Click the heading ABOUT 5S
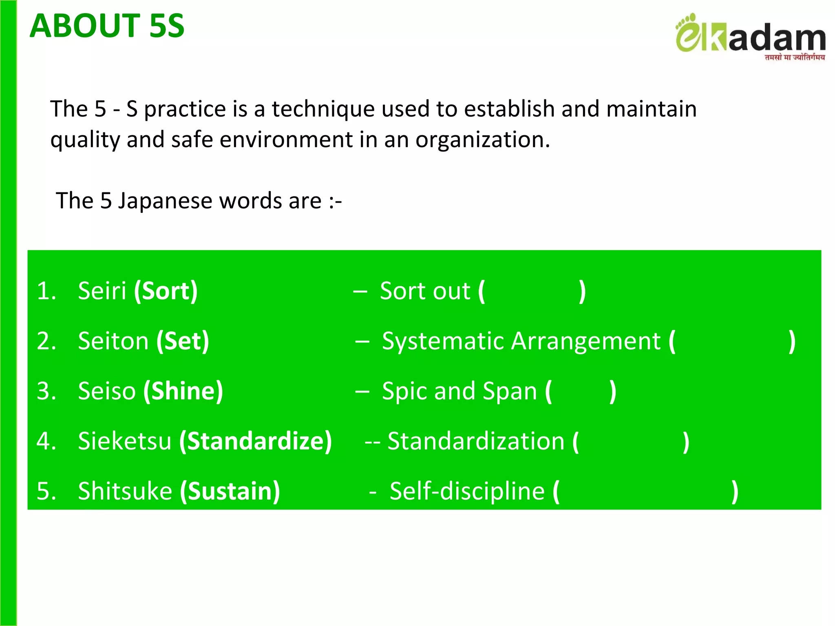pos(107,26)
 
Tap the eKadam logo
pos(750,35)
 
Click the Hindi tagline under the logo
pos(795,57)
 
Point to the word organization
pos(482,140)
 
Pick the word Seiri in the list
pos(102,291)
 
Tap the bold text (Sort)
pos(166,291)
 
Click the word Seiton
pos(113,341)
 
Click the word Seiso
pos(106,391)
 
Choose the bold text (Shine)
pos(183,391)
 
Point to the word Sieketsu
pos(124,441)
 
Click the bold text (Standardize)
pos(256,441)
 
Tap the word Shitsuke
pos(125,491)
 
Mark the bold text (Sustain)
pos(230,491)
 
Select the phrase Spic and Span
pos(459,391)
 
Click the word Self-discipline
pos(467,491)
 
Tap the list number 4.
pos(46,441)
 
